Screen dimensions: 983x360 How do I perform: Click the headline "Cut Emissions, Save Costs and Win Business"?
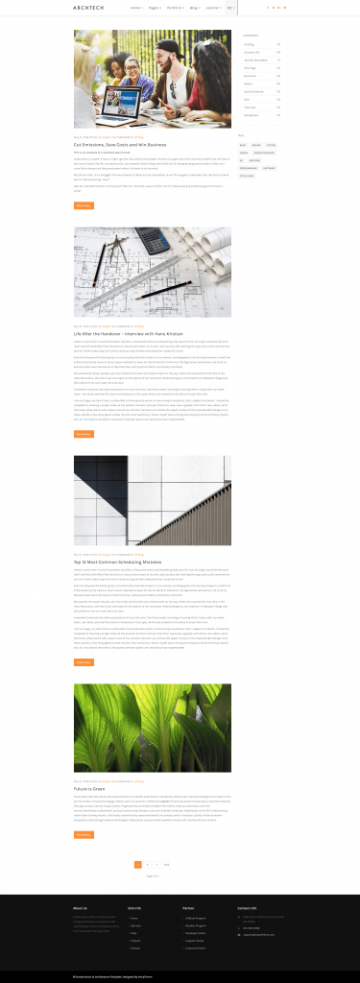pyautogui.click(x=120, y=144)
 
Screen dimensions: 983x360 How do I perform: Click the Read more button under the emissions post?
pyautogui.click(x=84, y=205)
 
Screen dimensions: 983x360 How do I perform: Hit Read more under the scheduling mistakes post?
pyautogui.click(x=84, y=662)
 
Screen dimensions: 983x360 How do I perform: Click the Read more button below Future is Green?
pyautogui.click(x=84, y=834)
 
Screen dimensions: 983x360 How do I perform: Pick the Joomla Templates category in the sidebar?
pyautogui.click(x=255, y=60)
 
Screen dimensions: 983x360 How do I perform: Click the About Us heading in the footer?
pyautogui.click(x=80, y=906)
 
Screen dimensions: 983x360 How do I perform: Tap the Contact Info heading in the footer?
pyautogui.click(x=248, y=906)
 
